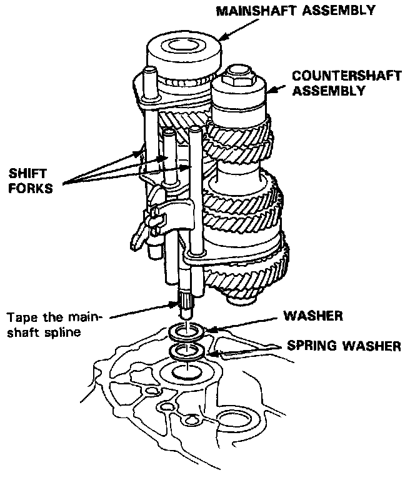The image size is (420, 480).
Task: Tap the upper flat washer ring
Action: click(x=187, y=332)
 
